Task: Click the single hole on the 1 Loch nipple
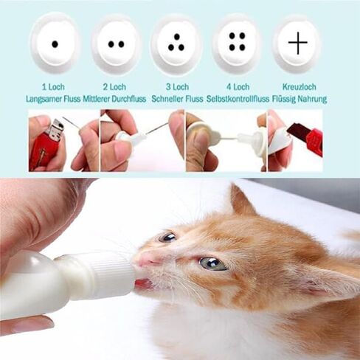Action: click(x=55, y=44)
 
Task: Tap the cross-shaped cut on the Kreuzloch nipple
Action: click(x=298, y=43)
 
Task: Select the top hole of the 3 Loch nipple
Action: click(x=177, y=37)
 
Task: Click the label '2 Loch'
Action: click(x=114, y=87)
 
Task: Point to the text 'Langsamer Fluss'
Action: click(x=53, y=99)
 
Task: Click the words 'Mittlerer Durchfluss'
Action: click(x=114, y=99)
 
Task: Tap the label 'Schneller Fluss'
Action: click(x=177, y=99)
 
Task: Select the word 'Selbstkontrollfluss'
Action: click(x=238, y=99)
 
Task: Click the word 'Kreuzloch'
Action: click(x=300, y=87)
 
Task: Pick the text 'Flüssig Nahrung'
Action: click(x=300, y=99)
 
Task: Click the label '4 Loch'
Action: click(x=238, y=87)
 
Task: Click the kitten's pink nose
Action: click(x=145, y=260)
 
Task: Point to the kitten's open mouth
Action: click(x=144, y=283)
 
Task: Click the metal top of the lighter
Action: click(x=57, y=130)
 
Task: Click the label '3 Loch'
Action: click(x=177, y=87)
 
